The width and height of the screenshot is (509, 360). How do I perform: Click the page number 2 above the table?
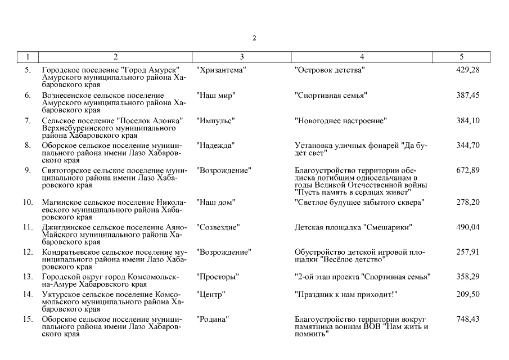coord(254,38)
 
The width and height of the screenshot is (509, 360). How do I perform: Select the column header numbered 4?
coord(362,57)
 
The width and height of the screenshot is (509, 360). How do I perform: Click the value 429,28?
coord(467,70)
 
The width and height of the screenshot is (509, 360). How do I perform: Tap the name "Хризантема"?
coord(221,70)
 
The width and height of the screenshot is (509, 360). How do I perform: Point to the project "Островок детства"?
coord(330,70)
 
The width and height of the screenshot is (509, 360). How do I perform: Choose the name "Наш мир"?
coord(215,96)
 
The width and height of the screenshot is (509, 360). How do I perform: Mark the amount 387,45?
coord(467,96)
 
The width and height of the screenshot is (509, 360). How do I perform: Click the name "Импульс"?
coord(215,121)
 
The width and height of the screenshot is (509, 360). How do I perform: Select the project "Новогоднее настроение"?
coord(341,121)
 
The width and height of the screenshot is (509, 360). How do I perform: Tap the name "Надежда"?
coord(215,146)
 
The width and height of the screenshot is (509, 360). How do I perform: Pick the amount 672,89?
coord(467,170)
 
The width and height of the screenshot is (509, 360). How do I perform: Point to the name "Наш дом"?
coord(215,202)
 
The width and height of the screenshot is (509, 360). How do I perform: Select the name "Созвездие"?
coord(218,227)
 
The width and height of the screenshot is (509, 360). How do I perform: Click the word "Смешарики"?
coord(390,227)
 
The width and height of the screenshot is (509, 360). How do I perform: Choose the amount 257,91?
coord(467,252)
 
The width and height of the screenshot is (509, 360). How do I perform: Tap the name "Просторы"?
coord(218,277)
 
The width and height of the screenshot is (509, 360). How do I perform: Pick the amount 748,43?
coord(467,319)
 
